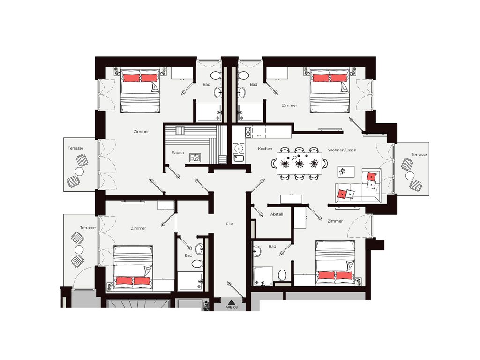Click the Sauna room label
(178, 153)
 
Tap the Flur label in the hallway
(230, 224)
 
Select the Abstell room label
(277, 214)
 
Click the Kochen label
(265, 149)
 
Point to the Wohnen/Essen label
(342, 150)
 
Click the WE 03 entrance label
(232, 307)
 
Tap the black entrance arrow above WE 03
(232, 302)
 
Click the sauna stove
(195, 157)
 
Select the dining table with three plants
(299, 164)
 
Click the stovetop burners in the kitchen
(248, 132)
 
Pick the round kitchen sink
(239, 149)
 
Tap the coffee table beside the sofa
(346, 172)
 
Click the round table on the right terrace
(410, 176)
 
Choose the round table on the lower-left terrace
(79, 249)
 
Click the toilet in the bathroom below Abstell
(282, 275)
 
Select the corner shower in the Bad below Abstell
(262, 276)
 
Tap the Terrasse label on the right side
(419, 155)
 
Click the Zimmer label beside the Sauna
(141, 132)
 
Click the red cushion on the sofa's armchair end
(371, 177)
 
